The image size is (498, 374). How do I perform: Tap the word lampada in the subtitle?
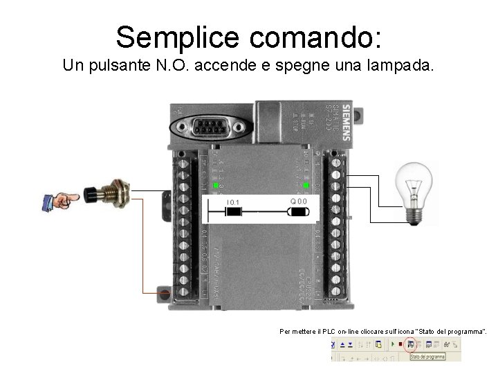[x=407, y=66]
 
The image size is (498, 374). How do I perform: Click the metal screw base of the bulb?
[x=416, y=215]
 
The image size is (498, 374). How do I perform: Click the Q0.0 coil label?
[x=298, y=201]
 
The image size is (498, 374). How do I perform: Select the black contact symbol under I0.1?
[x=233, y=213]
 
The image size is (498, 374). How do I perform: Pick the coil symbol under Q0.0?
[x=299, y=212]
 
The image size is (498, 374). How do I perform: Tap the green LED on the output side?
[x=305, y=186]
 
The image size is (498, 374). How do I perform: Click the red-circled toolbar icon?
[x=409, y=344]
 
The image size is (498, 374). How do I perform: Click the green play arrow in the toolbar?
[x=393, y=344]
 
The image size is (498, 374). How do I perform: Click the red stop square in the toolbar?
[x=400, y=344]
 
